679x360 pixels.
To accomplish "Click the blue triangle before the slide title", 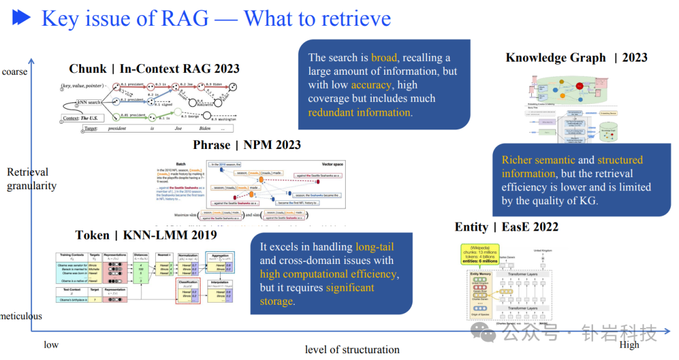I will click(x=21, y=18).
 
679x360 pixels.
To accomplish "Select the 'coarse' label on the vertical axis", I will click(x=15, y=72).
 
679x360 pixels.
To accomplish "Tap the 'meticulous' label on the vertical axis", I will click(x=20, y=316).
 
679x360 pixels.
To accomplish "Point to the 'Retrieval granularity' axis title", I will click(x=31, y=179).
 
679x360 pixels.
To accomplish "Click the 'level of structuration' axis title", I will click(x=352, y=349).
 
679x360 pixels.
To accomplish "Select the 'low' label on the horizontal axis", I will click(x=51, y=345).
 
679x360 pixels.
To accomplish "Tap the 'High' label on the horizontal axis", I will click(x=629, y=344).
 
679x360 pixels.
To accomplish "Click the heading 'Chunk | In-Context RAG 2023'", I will click(x=154, y=69).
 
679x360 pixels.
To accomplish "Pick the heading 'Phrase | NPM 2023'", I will click(x=246, y=145).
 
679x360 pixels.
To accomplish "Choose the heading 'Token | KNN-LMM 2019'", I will click(x=146, y=236).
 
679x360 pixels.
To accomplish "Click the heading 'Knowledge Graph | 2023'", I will click(x=576, y=58).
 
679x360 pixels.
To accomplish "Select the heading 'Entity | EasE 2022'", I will click(x=506, y=227).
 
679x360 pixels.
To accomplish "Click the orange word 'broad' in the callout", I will click(x=384, y=58).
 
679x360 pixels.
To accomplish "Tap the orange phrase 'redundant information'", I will click(x=359, y=112).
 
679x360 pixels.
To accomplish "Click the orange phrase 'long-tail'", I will click(x=374, y=247).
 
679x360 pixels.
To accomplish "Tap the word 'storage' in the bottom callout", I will click(x=276, y=302).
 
